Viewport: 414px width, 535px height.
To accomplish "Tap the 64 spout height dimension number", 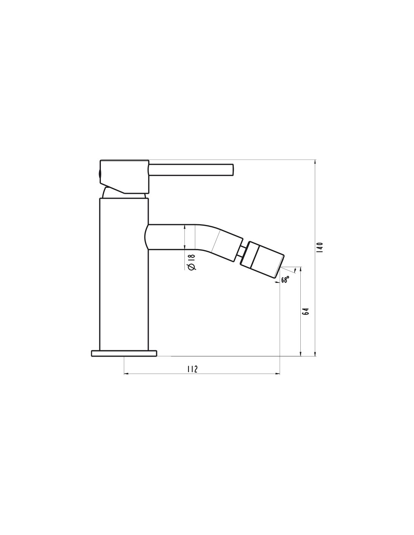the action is tap(305, 311).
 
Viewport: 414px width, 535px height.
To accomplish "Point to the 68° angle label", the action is tap(285, 280).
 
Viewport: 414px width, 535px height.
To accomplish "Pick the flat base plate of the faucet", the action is tap(124, 353).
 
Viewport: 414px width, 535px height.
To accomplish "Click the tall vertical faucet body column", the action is tap(124, 274).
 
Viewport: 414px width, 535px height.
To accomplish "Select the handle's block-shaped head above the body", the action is tap(124, 176).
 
